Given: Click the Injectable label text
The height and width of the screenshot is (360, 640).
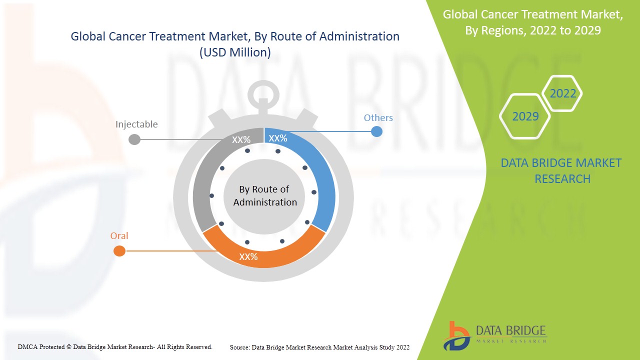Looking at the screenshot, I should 136,124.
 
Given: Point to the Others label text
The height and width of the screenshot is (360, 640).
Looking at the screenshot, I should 378,118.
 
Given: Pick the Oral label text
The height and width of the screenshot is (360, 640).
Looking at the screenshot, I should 119,236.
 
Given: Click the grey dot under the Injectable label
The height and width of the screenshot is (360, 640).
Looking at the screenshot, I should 134,139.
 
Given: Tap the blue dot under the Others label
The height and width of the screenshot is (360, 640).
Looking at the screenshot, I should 376,131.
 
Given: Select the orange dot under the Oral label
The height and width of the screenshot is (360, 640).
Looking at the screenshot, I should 119,251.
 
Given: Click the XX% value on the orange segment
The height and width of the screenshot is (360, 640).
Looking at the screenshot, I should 248,257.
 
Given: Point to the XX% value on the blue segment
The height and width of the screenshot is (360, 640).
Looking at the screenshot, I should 278,138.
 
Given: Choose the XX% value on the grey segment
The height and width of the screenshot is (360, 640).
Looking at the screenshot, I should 241,140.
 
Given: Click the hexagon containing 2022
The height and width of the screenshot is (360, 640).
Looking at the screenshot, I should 562,93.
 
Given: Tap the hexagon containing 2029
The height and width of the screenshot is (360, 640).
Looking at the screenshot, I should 525,116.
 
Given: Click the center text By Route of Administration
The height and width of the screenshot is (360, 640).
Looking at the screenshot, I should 265,195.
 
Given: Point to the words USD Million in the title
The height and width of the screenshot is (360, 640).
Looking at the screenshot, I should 235,52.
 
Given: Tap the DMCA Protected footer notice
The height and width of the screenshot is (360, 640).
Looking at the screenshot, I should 115,346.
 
